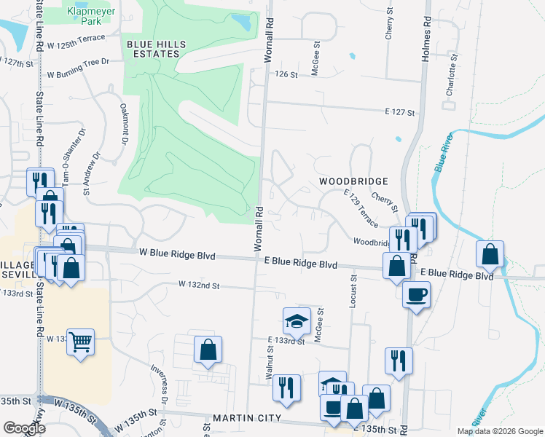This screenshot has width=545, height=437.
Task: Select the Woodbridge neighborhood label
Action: point(352,180)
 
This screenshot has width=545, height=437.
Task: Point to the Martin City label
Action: point(247,418)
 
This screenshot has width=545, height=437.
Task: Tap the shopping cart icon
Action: point(80,340)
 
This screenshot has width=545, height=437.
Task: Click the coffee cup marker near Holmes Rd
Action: point(415,295)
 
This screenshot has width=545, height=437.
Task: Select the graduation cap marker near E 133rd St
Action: point(297,320)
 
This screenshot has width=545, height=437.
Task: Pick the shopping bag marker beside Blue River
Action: point(490,255)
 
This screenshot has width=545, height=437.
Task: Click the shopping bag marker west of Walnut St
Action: point(208,349)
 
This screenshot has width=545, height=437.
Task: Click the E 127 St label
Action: point(399,112)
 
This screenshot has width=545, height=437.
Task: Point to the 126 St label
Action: point(286,74)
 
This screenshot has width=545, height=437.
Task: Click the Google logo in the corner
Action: point(24,428)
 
